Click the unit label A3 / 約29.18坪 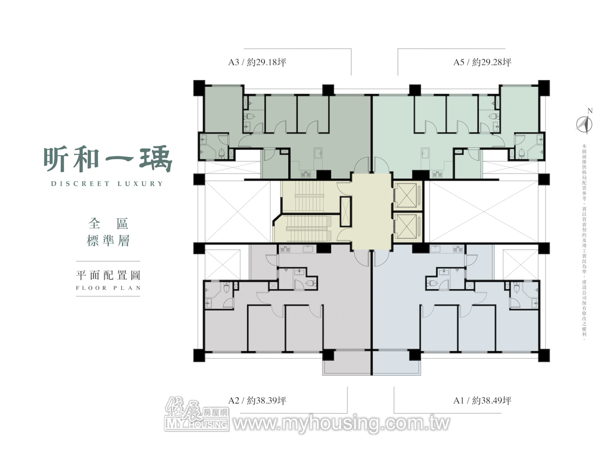pyautogui.click(x=257, y=62)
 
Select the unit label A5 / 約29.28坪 pyautogui.click(x=482, y=62)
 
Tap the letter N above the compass pyautogui.click(x=590, y=111)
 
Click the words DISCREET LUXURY pyautogui.click(x=107, y=184)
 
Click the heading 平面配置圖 pyautogui.click(x=108, y=275)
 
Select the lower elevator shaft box pyautogui.click(x=407, y=227)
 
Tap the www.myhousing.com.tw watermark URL pyautogui.click(x=341, y=423)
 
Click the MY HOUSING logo pyautogui.click(x=197, y=414)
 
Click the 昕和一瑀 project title pyautogui.click(x=108, y=159)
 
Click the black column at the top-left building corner pyautogui.click(x=199, y=88)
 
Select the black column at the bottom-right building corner pyautogui.click(x=544, y=355)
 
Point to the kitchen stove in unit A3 pyautogui.click(x=306, y=175)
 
